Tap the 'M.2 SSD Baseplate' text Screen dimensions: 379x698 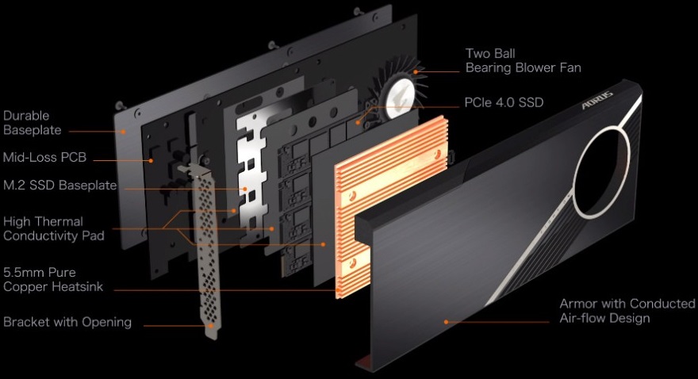click(60, 186)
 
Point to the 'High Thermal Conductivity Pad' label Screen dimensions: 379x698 click(54, 228)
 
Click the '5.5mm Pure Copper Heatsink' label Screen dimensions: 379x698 click(53, 279)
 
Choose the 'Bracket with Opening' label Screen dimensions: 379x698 click(67, 322)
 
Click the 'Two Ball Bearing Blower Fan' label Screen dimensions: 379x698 click(523, 60)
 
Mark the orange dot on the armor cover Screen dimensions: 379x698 click(446, 322)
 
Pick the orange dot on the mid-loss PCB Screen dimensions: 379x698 click(151, 159)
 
